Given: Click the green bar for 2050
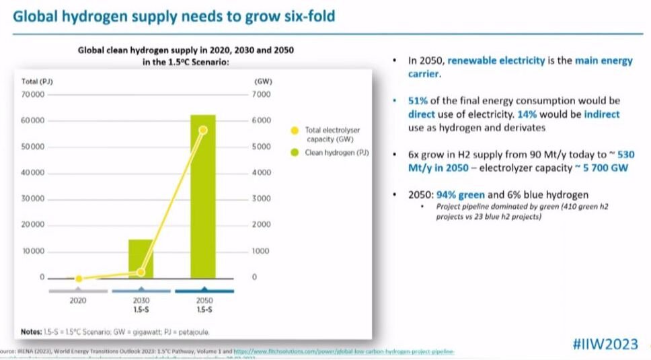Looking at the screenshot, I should pyautogui.click(x=203, y=195).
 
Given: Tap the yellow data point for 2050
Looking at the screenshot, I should pyautogui.click(x=203, y=130).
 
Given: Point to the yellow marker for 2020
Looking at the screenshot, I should pyautogui.click(x=79, y=279).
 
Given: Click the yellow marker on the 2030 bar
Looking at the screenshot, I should pyautogui.click(x=141, y=272).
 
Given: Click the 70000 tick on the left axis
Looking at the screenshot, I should pyautogui.click(x=32, y=95).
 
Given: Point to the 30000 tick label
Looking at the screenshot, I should pyautogui.click(x=32, y=199).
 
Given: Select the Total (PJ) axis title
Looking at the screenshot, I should pyautogui.click(x=37, y=81).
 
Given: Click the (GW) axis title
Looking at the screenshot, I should pyautogui.click(x=262, y=81).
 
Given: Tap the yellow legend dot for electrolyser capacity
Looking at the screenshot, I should pyautogui.click(x=294, y=130).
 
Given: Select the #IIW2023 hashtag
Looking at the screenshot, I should pyautogui.click(x=604, y=344).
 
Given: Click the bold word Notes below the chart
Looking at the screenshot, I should pyautogui.click(x=32, y=331).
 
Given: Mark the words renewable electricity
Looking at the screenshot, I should pyautogui.click(x=496, y=61).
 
